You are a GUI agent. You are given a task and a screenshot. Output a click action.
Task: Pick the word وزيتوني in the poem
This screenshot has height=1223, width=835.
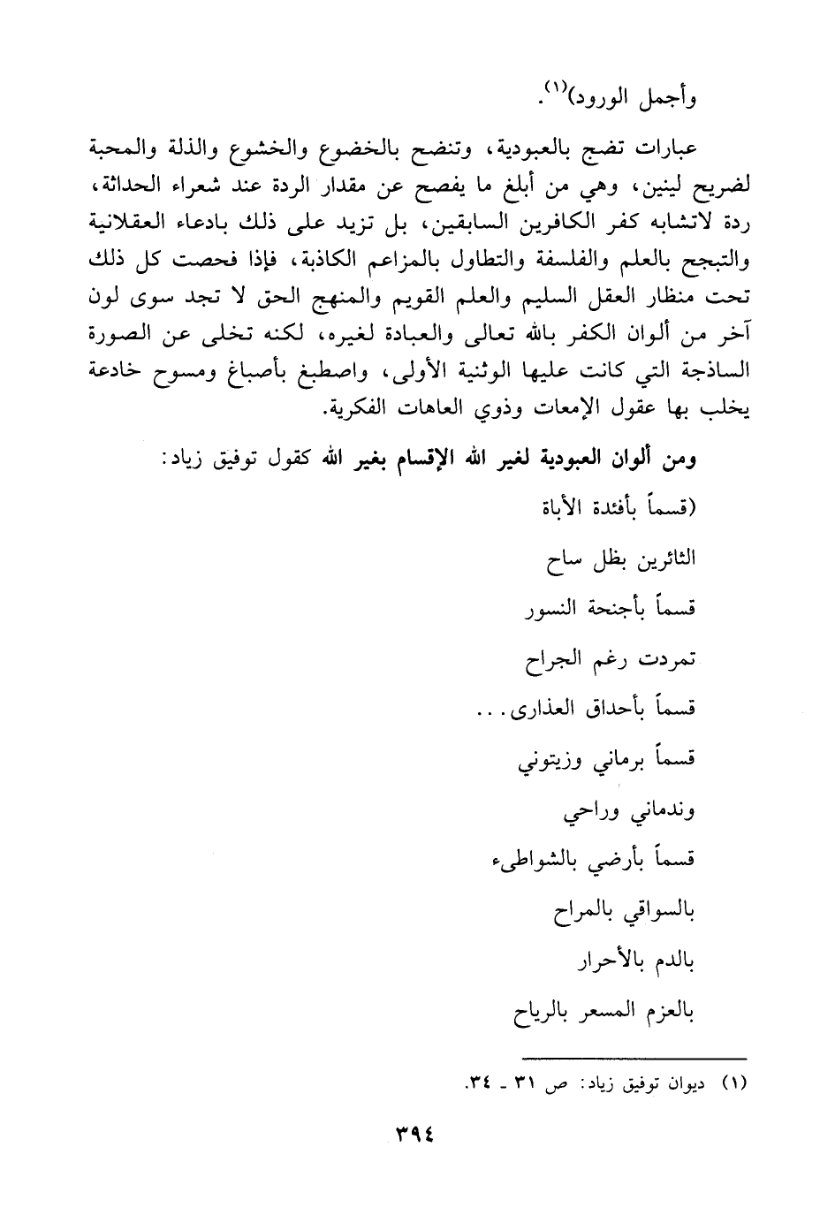tap(550, 759)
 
